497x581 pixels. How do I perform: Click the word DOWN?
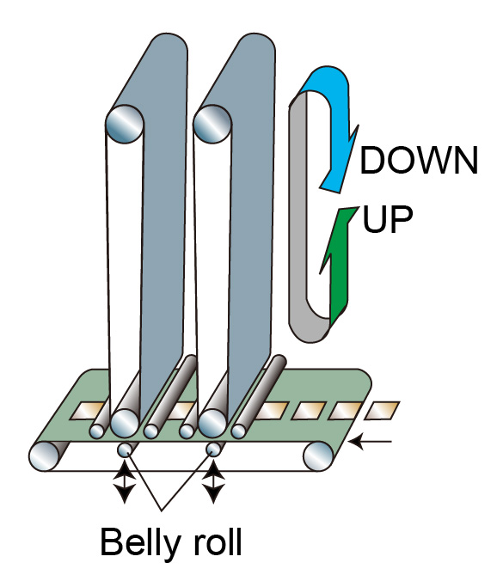click(x=419, y=160)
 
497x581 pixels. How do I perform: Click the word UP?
click(x=388, y=219)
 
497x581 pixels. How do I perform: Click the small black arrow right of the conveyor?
click(x=371, y=441)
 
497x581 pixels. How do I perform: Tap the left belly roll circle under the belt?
click(x=125, y=450)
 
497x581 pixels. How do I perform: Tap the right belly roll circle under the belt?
click(x=213, y=450)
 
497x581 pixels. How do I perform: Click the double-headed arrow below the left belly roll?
click(x=125, y=482)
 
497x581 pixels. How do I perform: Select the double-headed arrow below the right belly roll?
click(x=212, y=482)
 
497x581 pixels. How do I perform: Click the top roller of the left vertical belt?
click(x=125, y=124)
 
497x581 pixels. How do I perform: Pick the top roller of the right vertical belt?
click(x=212, y=124)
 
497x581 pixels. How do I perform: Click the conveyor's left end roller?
click(x=44, y=456)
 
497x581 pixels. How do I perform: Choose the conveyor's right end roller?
click(x=318, y=456)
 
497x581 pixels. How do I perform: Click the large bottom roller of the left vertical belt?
click(x=125, y=424)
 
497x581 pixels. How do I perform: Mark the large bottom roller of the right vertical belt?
click(x=212, y=424)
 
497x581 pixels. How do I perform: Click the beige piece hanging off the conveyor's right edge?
click(x=382, y=411)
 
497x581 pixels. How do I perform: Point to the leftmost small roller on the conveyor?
click(x=97, y=431)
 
